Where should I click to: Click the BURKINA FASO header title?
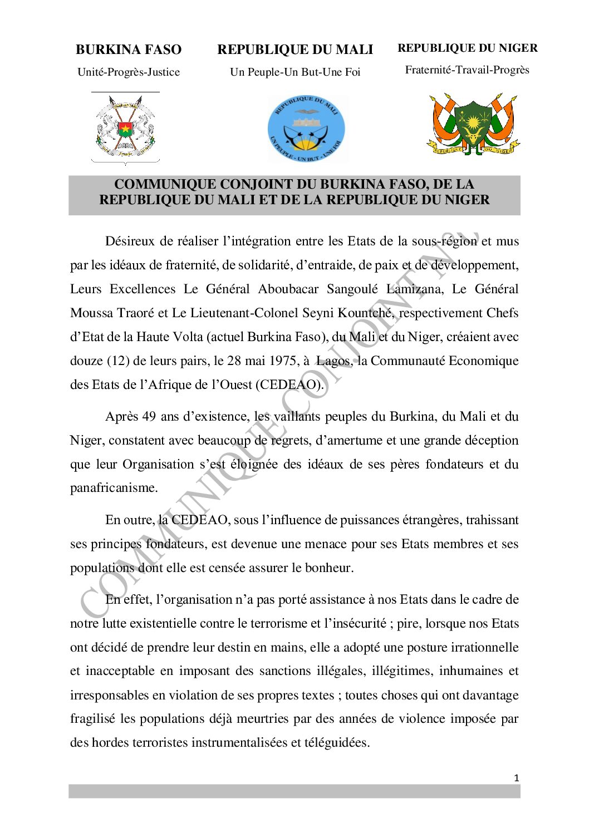point(129,50)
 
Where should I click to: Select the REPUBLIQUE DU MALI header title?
point(295,50)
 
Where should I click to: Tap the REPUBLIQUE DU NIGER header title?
point(468,48)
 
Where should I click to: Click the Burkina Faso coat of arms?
point(125,129)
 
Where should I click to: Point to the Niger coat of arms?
point(473,126)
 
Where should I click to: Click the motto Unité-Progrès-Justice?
point(129,72)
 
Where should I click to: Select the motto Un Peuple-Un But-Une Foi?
point(295,72)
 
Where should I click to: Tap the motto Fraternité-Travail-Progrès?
point(467,70)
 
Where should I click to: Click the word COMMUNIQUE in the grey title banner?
point(155,184)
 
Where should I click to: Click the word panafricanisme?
point(114,488)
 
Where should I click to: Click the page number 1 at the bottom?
point(517,778)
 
